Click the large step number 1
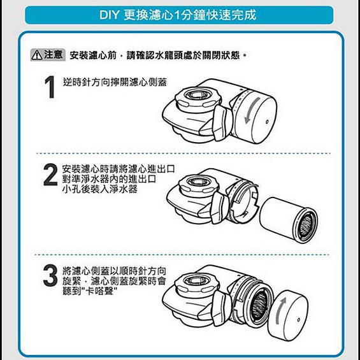click(x=50, y=87)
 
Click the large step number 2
click(x=50, y=175)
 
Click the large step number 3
click(x=50, y=275)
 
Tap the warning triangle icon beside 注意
click(x=37, y=55)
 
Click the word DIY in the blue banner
click(x=110, y=15)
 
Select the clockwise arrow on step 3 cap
click(x=280, y=310)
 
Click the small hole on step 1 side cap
click(x=267, y=122)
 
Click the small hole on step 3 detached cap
click(x=298, y=320)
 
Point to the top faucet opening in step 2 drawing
click(x=198, y=182)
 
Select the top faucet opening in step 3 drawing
click(x=197, y=281)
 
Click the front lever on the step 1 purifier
click(x=221, y=123)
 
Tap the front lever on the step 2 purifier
click(x=219, y=208)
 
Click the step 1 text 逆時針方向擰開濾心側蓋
click(x=115, y=82)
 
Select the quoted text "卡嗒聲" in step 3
click(x=101, y=291)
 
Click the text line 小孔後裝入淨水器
click(x=100, y=189)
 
